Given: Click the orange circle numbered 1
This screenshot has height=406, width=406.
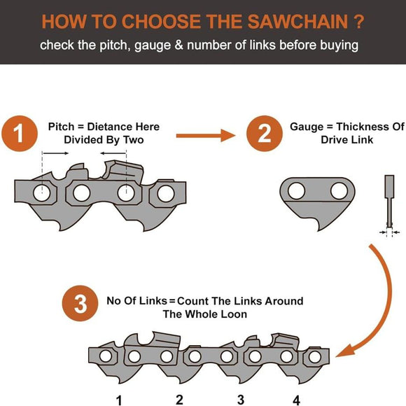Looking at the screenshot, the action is click(20, 133).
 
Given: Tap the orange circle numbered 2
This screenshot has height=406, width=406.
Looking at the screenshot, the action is click(265, 133).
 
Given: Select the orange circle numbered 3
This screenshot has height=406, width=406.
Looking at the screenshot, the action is click(80, 303).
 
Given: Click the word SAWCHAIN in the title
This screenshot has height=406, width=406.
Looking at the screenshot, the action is click(297, 22).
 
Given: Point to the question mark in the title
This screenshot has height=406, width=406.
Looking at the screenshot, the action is click(358, 22).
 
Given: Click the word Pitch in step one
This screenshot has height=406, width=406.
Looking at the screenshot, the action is click(61, 127).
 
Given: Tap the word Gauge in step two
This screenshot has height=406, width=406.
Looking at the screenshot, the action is click(307, 127).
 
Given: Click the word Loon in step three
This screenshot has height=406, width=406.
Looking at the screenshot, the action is click(234, 314).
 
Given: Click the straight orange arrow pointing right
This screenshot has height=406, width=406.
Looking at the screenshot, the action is click(206, 136).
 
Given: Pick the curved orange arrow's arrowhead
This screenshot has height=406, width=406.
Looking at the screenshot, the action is click(345, 351).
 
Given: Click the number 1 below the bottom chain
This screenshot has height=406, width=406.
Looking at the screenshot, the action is click(119, 400).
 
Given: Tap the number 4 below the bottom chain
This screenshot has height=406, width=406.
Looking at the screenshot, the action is click(296, 400).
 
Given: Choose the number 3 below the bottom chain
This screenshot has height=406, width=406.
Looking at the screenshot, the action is click(241, 400).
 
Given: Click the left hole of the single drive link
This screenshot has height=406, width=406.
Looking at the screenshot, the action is click(297, 191).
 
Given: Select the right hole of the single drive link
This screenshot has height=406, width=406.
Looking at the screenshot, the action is click(339, 191).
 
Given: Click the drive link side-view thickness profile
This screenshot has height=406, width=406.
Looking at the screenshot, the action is click(389, 202).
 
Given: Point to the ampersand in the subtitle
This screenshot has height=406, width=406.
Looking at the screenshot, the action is click(178, 45).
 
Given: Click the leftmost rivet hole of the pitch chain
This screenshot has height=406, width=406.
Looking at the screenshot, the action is click(42, 193).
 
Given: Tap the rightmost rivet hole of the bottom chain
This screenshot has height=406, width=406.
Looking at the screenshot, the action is click(315, 357).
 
